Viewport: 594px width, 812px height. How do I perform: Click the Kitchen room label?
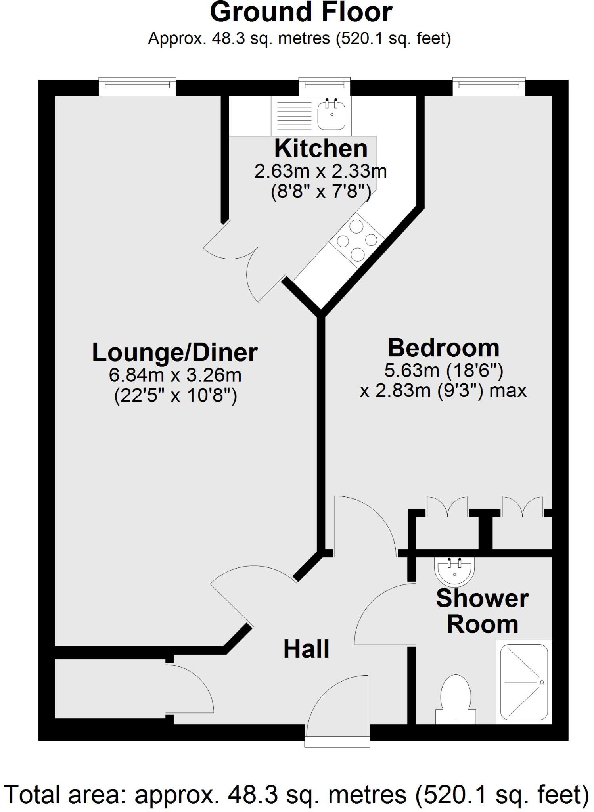320,149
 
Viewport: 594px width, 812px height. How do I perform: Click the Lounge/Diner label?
174,352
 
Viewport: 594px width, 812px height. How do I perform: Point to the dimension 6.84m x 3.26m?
175,375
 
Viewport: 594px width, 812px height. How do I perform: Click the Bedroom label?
443,348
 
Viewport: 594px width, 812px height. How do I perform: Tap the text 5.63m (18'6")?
443,371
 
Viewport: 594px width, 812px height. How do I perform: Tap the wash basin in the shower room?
454,571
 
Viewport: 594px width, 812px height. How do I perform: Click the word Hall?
306,649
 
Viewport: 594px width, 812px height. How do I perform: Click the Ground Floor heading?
301,13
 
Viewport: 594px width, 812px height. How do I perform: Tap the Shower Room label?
482,611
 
